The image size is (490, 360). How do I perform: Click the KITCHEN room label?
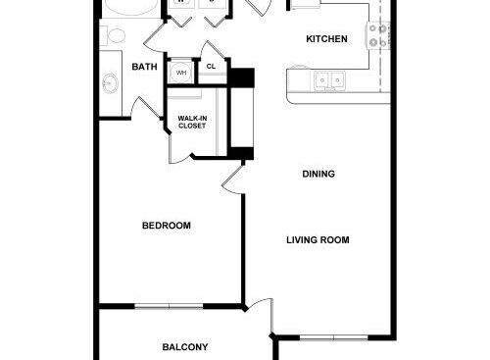click(326, 39)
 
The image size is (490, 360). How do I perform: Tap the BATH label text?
click(144, 66)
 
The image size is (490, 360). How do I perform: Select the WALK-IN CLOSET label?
click(191, 123)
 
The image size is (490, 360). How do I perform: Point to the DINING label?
click(318, 175)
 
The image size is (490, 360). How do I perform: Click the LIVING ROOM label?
click(318, 240)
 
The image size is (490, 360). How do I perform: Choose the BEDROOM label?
click(166, 226)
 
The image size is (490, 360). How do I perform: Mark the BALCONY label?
click(184, 346)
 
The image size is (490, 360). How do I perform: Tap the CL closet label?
click(211, 67)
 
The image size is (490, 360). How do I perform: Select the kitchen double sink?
click(328, 81)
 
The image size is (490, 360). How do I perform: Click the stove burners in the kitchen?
click(378, 36)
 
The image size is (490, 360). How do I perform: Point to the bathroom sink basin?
click(108, 84)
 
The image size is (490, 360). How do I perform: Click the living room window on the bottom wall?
click(333, 338)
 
